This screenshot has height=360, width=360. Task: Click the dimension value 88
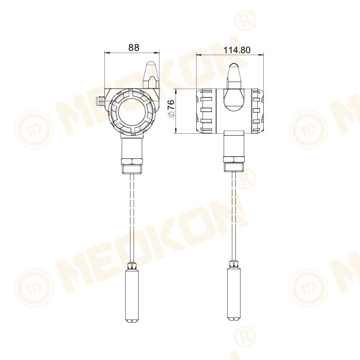[134, 47]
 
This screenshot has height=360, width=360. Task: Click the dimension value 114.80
[237, 50]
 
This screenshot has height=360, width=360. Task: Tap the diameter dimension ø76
[171, 109]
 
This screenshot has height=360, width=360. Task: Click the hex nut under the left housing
[132, 161]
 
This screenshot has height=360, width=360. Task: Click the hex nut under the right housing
[234, 160]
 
